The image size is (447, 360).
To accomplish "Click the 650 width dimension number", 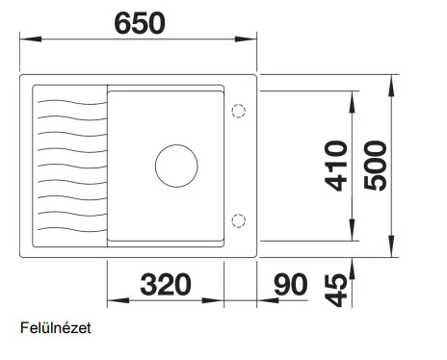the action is tap(140, 23).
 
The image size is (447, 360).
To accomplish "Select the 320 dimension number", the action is tap(166, 284).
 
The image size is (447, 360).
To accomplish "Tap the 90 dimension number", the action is tap(291, 284).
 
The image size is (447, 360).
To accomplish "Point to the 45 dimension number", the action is tap(336, 291).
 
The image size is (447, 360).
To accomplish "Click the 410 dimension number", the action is tap(336, 166).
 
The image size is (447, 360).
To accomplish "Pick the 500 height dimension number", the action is tap(376, 166).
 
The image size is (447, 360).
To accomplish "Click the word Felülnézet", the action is tap(56, 328).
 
